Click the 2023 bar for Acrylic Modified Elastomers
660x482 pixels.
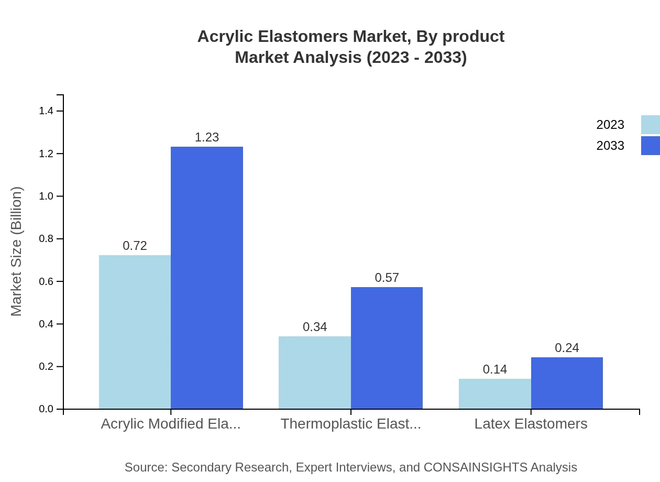pyautogui.click(x=135, y=332)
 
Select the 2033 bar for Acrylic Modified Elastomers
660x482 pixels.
pyautogui.click(x=207, y=278)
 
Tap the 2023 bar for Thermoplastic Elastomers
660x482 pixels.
pyautogui.click(x=315, y=372)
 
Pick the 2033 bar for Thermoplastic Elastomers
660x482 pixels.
pyautogui.click(x=387, y=348)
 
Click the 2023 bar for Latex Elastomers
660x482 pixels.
pyautogui.click(x=495, y=393)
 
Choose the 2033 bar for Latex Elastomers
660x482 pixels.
pyautogui.click(x=567, y=383)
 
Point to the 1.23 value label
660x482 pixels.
pyautogui.click(x=207, y=137)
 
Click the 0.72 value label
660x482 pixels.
pyautogui.click(x=135, y=246)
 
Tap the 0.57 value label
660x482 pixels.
pyautogui.click(x=387, y=278)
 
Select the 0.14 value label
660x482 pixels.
pyautogui.click(x=495, y=369)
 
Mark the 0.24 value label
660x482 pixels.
pyautogui.click(x=567, y=348)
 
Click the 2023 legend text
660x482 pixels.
pyautogui.click(x=610, y=125)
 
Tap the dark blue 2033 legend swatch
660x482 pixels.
pyautogui.click(x=650, y=146)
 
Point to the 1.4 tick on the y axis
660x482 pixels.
pyautogui.click(x=47, y=111)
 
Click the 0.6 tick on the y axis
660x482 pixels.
pyautogui.click(x=47, y=281)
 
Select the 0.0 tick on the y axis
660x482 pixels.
pyautogui.click(x=47, y=409)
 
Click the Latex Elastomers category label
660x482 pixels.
pyautogui.click(x=531, y=424)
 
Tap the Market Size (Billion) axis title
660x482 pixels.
pyautogui.click(x=17, y=251)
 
